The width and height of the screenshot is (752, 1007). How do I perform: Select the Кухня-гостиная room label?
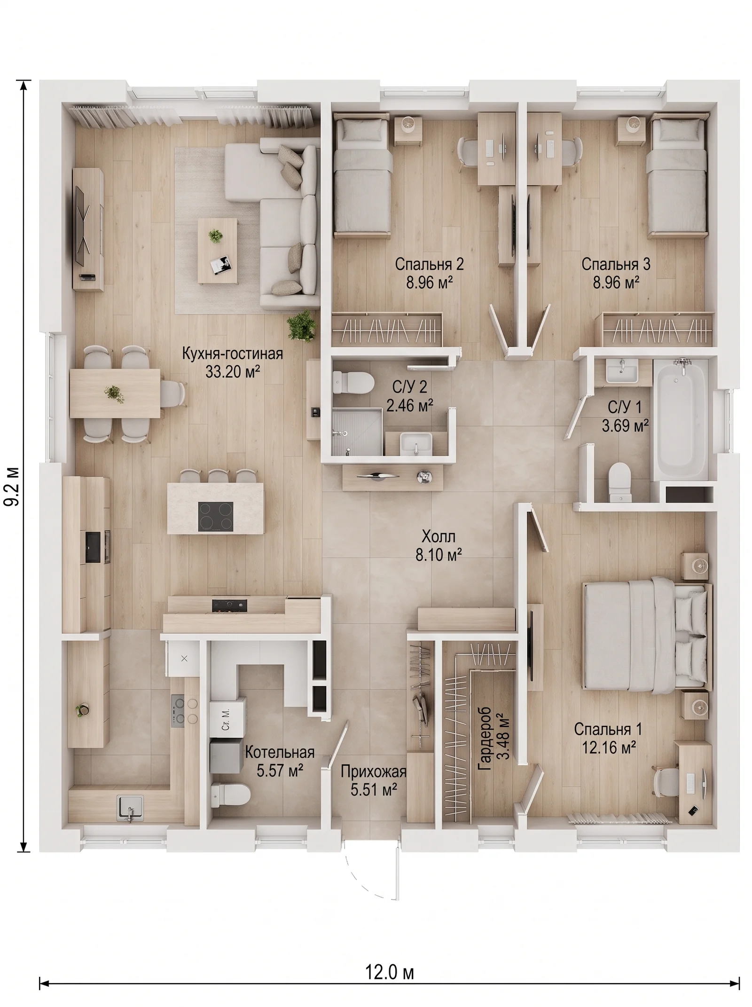[233, 353]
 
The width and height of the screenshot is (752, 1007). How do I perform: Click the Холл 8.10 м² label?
[439, 545]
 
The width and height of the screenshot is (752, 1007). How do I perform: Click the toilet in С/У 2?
[352, 382]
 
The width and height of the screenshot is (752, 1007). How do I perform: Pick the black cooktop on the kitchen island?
[216, 516]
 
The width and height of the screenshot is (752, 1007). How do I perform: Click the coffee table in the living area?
[218, 251]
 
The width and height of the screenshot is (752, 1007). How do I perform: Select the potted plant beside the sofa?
[301, 324]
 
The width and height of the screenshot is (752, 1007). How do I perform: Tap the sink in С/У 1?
[622, 370]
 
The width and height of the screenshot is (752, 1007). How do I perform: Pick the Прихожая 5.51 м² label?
[374, 780]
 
